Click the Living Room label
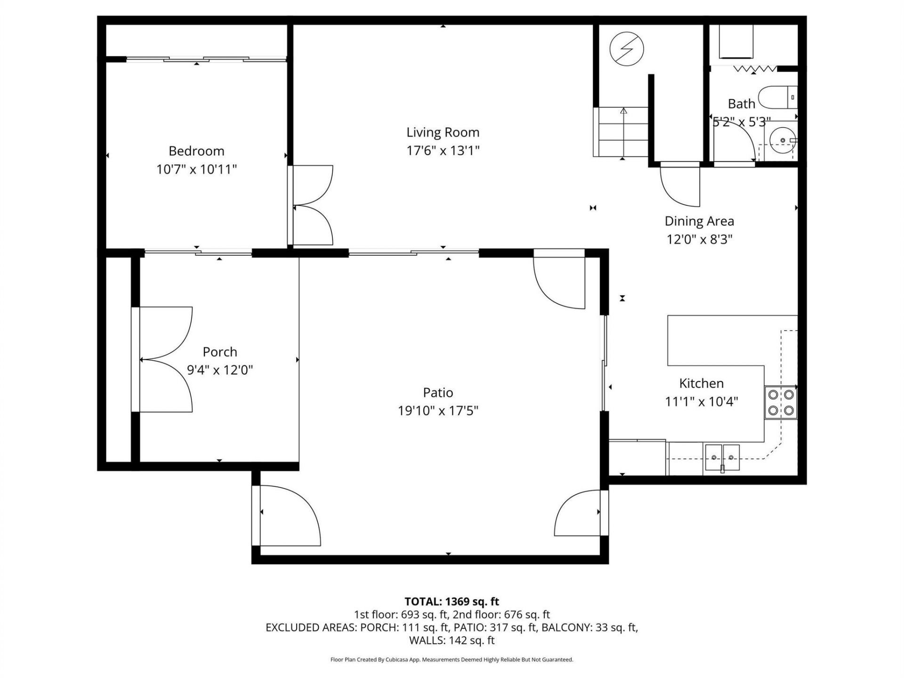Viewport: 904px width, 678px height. coord(443,132)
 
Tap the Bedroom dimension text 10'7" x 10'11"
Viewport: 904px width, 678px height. coord(196,169)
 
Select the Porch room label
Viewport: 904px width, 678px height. coord(219,352)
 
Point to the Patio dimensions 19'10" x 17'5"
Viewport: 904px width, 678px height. coord(438,411)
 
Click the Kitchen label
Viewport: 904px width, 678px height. coord(701,383)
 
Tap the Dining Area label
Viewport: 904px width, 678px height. coord(699,221)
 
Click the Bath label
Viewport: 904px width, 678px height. coord(741,104)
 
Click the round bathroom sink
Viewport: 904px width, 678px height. coord(782,140)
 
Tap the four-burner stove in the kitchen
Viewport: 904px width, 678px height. coord(781,403)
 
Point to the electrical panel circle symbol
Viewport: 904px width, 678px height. coord(627,49)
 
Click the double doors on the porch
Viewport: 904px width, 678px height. coord(165,360)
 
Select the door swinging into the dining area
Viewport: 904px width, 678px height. coord(680,184)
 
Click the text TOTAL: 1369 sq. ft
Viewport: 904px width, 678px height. coord(452,601)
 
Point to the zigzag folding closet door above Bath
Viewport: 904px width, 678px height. coord(755,69)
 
